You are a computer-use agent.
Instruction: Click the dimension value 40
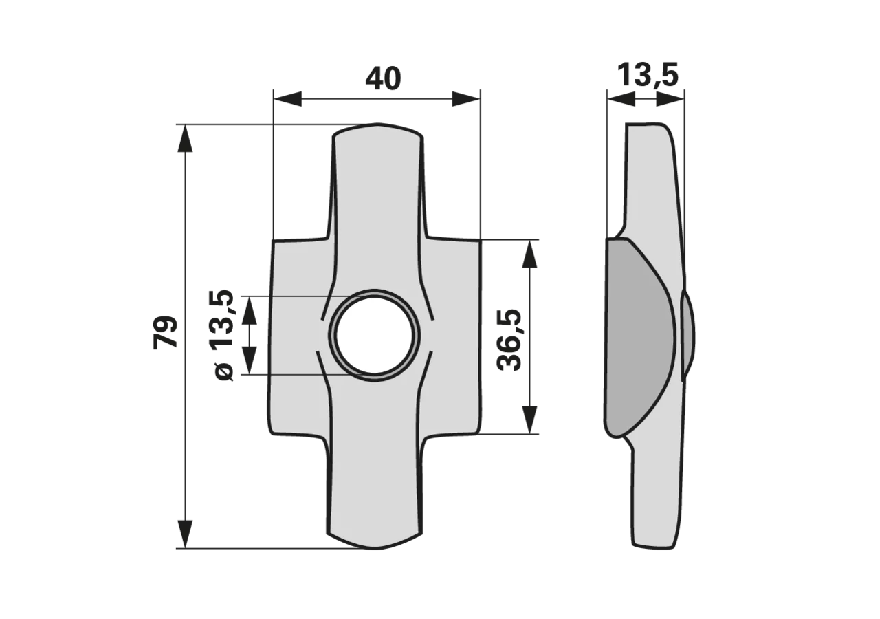pos(383,78)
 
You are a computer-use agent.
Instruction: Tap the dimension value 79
pos(166,332)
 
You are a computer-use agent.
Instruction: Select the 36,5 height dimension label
pos(509,340)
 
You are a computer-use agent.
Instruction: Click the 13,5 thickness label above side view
pos(648,75)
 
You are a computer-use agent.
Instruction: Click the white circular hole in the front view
pos(375,334)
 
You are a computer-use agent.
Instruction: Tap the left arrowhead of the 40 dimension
pos(287,98)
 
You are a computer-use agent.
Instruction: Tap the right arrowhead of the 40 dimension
pos(466,98)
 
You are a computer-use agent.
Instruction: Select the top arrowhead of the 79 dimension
pos(186,138)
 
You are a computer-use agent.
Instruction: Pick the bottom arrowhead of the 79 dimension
pos(186,534)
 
